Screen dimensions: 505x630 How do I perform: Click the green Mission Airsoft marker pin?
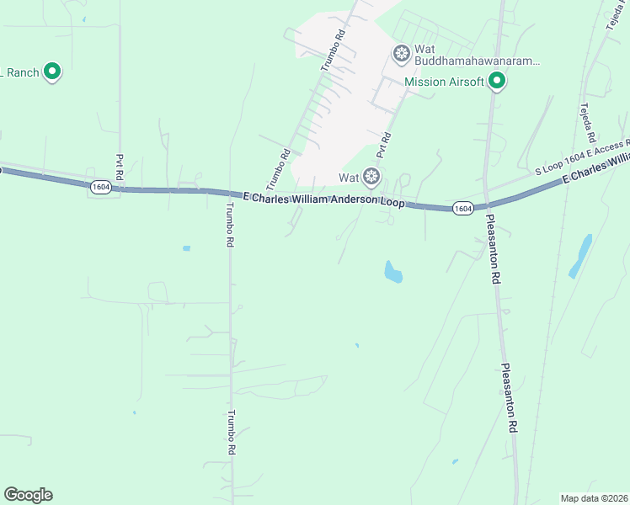tap(497, 80)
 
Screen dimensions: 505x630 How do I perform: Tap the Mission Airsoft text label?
tap(444, 82)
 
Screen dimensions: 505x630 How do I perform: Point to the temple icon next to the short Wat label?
tap(371, 177)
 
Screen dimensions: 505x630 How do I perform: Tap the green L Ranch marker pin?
tap(52, 72)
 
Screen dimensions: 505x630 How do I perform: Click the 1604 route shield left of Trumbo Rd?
tap(100, 188)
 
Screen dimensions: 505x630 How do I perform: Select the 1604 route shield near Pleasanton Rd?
tap(462, 208)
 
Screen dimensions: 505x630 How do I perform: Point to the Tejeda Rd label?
tap(587, 122)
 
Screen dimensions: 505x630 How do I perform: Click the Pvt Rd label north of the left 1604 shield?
tap(120, 164)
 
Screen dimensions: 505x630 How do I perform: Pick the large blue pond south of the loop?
tap(392, 272)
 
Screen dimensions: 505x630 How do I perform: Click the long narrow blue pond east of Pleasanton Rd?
tap(580, 255)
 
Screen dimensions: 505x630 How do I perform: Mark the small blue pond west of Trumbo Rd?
tap(186, 248)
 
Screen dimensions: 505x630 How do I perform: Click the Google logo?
tap(28, 495)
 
